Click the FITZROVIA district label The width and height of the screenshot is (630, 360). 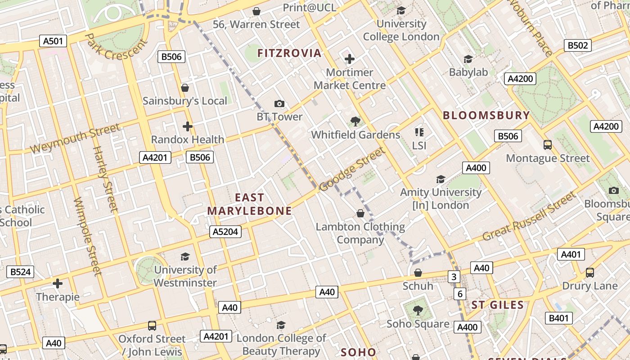click(289, 53)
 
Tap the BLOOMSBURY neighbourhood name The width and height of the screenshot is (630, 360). click(486, 115)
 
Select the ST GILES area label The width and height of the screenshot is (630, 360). click(498, 305)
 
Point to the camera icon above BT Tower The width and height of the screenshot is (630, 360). click(279, 104)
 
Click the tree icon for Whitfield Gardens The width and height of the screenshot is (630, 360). click(355, 121)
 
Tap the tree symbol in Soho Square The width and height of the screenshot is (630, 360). click(418, 310)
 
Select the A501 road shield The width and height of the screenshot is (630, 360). click(53, 41)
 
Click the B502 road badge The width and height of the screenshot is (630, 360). click(577, 45)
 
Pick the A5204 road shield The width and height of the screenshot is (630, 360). click(225, 232)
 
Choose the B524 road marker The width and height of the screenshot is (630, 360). click(20, 272)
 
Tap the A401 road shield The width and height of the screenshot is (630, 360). click(571, 254)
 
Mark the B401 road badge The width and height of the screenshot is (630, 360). click(559, 319)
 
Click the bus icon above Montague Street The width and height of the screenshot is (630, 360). click(548, 145)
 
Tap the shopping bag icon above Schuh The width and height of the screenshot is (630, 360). click(418, 273)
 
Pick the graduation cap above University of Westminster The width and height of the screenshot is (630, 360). click(185, 256)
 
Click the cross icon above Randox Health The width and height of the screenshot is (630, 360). click(188, 126)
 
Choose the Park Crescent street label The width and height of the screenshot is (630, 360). click(116, 47)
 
